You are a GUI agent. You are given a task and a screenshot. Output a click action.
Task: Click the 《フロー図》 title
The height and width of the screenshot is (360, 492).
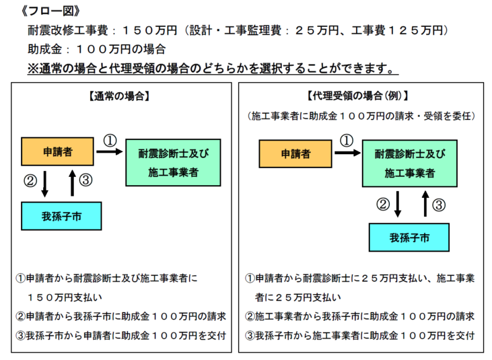[50, 11]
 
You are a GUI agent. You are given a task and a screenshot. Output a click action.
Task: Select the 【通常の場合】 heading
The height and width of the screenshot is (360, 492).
[119, 96]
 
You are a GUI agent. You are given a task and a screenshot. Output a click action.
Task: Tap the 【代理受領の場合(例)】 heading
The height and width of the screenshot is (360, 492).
[357, 96]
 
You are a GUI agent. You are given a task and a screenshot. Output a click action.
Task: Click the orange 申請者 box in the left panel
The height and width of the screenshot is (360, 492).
[57, 151]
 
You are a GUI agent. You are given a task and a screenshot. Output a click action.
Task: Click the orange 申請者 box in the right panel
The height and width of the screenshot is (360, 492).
[295, 153]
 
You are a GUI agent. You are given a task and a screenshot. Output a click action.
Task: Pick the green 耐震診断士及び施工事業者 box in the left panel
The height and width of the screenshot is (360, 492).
[173, 163]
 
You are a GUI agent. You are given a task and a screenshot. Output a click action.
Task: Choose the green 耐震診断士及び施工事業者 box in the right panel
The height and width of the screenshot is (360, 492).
[410, 164]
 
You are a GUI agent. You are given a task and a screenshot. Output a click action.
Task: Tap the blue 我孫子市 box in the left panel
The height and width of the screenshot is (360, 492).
[61, 216]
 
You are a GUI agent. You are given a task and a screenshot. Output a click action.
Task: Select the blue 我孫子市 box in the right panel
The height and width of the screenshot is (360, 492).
[409, 238]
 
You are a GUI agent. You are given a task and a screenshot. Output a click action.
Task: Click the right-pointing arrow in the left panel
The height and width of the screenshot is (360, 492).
[110, 152]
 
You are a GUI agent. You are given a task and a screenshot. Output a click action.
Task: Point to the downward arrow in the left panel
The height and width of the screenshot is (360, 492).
[45, 184]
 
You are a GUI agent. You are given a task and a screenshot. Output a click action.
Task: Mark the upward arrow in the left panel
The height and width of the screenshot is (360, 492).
[73, 183]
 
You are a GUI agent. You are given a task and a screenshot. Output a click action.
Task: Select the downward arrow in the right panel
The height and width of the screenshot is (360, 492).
[398, 204]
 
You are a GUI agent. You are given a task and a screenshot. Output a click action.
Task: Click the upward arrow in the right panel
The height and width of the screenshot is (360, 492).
[425, 203]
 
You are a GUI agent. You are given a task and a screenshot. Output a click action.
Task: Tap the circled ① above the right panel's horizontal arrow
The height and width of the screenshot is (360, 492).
[347, 140]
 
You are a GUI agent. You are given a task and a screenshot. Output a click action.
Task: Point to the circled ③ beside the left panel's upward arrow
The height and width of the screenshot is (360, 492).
[85, 180]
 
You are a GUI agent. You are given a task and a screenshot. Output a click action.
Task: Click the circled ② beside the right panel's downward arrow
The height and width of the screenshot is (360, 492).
[383, 205]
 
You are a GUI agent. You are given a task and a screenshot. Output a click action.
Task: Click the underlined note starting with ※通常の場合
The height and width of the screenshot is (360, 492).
[213, 69]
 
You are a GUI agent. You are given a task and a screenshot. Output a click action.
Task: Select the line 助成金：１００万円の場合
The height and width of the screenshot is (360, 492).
[97, 49]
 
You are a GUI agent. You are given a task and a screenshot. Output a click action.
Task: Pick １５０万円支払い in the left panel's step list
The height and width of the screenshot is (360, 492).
[65, 297]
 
